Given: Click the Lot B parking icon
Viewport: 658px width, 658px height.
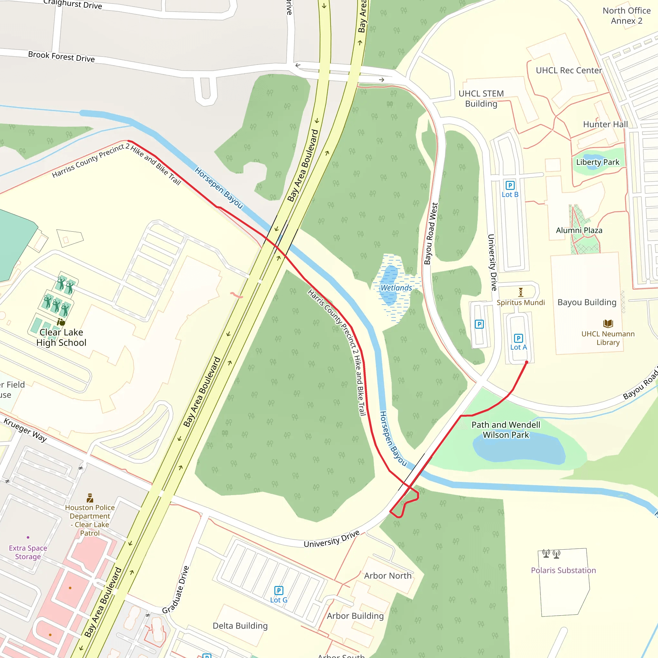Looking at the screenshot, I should coord(510,185).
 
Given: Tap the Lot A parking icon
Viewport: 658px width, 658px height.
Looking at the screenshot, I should coord(518,338).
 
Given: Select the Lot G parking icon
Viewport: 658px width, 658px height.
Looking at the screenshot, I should coord(279,590).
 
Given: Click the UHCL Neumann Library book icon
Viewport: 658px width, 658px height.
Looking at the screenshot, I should coord(608,323).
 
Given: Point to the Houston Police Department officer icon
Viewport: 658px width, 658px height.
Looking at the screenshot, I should coord(90,498).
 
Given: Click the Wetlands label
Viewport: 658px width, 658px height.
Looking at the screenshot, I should coord(396,288).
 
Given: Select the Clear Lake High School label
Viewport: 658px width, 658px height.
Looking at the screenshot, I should coord(61,338).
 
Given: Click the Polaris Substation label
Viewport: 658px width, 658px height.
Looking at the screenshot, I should coord(563,570).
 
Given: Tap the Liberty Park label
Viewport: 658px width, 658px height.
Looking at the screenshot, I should coord(597,162).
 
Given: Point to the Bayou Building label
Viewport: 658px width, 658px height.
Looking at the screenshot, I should coord(587,302).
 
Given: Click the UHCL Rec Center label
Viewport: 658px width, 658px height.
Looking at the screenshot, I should coord(569,70).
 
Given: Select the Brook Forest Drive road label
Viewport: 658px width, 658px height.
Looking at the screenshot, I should coord(61,57).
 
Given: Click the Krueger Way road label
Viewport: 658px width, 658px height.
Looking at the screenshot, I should coord(25,431).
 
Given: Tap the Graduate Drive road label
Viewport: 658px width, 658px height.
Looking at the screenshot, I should coord(175,590).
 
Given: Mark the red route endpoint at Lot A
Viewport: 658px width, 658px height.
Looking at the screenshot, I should coord(527,362).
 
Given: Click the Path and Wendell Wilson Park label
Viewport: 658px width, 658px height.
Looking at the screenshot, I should coord(506,430).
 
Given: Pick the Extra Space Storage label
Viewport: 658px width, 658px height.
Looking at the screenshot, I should coord(28,552).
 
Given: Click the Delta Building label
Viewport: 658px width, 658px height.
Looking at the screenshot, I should coord(240,626).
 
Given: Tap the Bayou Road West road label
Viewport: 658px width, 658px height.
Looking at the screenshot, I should coord(431,233).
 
